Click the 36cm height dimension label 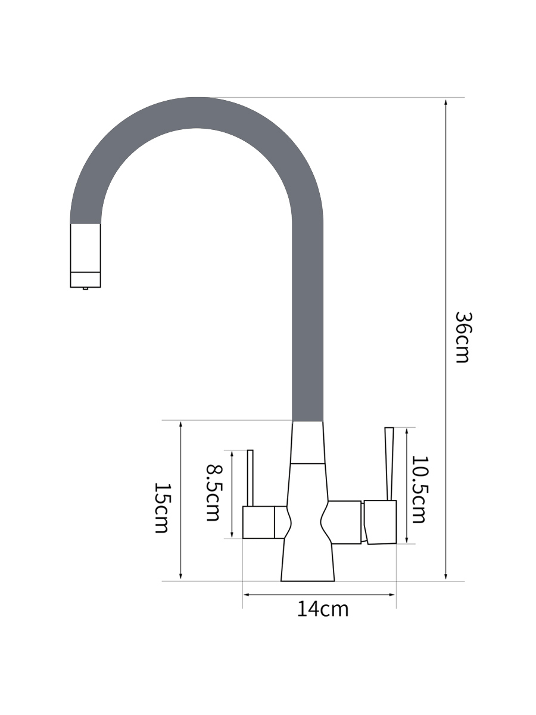pos(463,337)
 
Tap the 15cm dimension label pos(162,508)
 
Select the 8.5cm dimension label pos(215,493)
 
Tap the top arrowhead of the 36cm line pos(446,102)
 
